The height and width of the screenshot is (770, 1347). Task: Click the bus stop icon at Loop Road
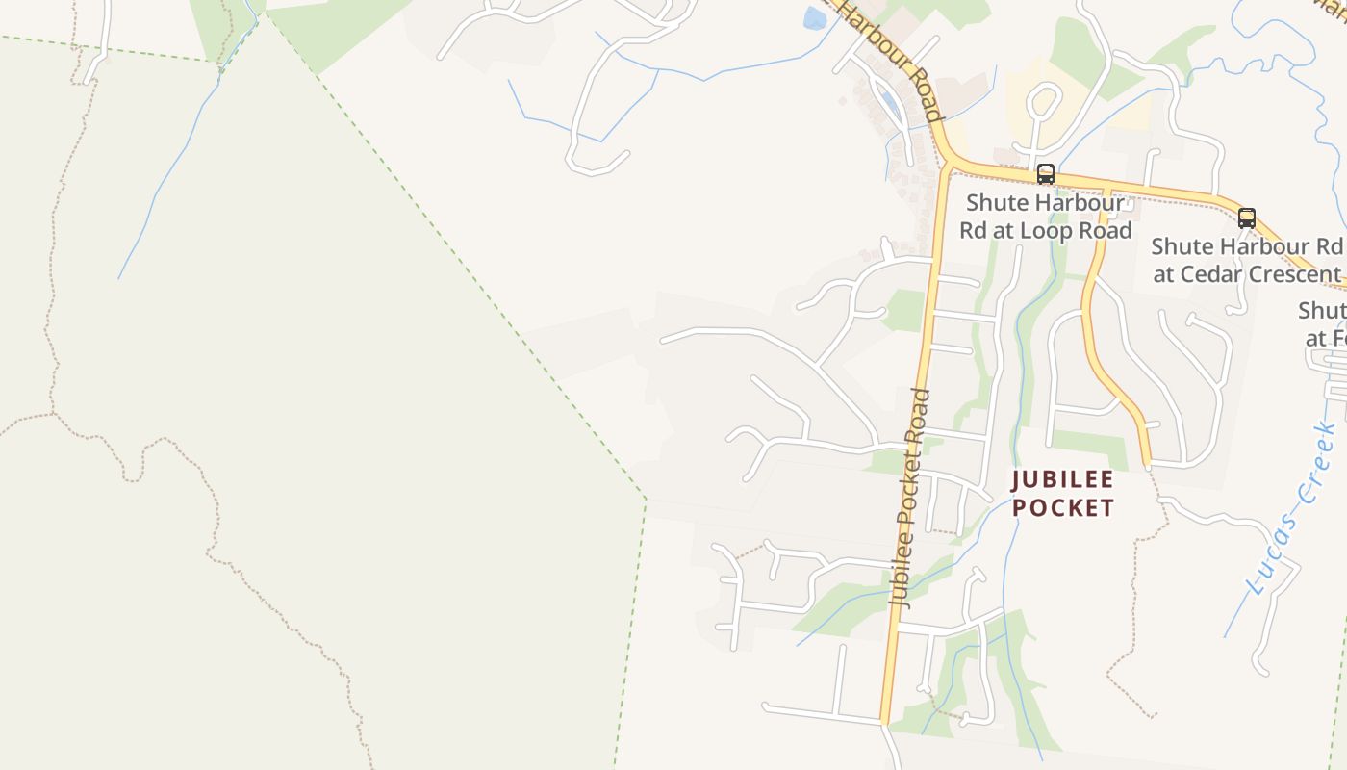[1045, 174]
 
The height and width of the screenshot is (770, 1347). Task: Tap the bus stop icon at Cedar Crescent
[1247, 218]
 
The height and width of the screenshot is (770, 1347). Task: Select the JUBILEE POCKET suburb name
[1063, 494]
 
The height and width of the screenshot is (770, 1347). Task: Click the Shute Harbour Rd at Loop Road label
[1045, 217]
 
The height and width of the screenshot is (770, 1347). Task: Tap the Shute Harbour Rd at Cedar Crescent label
[1247, 260]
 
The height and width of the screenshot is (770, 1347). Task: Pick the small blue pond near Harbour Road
[815, 18]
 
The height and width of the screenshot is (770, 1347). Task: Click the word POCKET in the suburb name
[1063, 508]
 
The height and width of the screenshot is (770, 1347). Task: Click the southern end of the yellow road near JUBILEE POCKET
[1148, 465]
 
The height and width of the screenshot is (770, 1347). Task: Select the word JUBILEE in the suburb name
[1063, 479]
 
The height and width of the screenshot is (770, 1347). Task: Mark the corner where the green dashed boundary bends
[646, 500]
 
